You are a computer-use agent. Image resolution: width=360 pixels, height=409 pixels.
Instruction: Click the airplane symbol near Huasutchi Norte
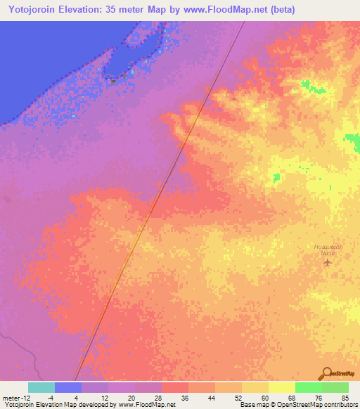[x=327, y=263]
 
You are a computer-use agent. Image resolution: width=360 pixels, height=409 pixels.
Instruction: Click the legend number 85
[x=345, y=398]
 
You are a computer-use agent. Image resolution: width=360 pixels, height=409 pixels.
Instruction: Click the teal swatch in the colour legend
[x=41, y=387]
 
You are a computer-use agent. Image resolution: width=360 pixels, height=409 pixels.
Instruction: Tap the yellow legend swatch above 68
[x=282, y=387]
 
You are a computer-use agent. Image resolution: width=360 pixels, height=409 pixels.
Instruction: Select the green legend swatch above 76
[x=309, y=387]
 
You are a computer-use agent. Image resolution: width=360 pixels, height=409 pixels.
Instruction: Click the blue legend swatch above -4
[x=68, y=387]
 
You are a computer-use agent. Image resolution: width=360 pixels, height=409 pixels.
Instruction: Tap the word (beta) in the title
[x=280, y=10]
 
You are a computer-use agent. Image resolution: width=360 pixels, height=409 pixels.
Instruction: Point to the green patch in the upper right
[x=309, y=86]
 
